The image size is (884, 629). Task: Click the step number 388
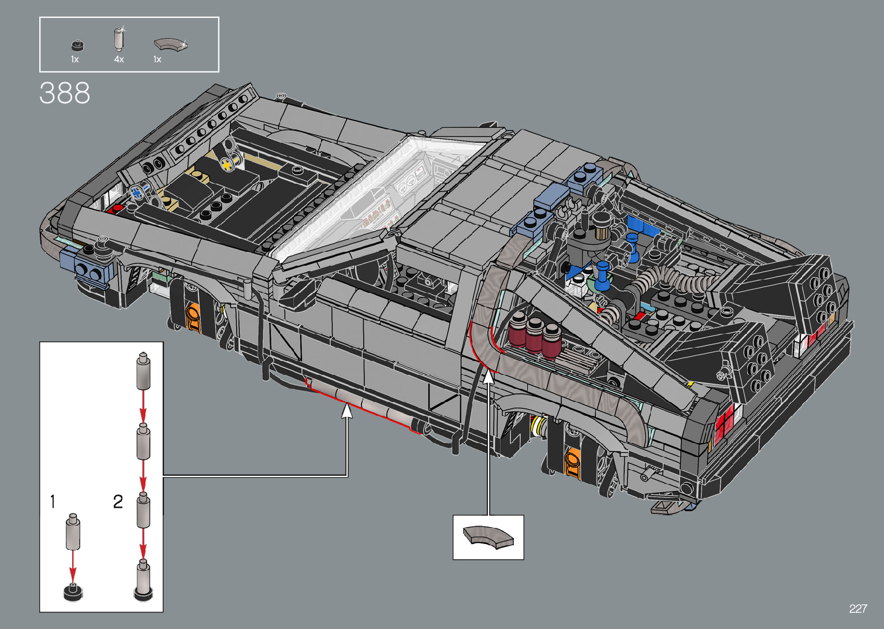[65, 93]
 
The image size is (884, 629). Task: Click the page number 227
[858, 608]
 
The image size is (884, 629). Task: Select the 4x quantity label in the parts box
[119, 59]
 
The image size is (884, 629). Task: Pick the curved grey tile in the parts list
[170, 44]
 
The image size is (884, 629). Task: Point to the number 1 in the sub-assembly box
[53, 501]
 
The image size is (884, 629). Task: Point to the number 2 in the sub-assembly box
[118, 501]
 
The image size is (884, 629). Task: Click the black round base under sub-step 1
[73, 592]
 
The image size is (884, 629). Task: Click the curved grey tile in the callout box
[488, 537]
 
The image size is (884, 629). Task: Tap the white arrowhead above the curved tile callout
[488, 376]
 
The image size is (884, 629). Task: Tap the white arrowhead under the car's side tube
[346, 410]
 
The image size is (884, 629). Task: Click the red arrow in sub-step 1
[73, 566]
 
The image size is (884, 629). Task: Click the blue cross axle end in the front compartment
[137, 192]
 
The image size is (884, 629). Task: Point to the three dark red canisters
[535, 334]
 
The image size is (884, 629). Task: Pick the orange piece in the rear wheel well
[573, 462]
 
